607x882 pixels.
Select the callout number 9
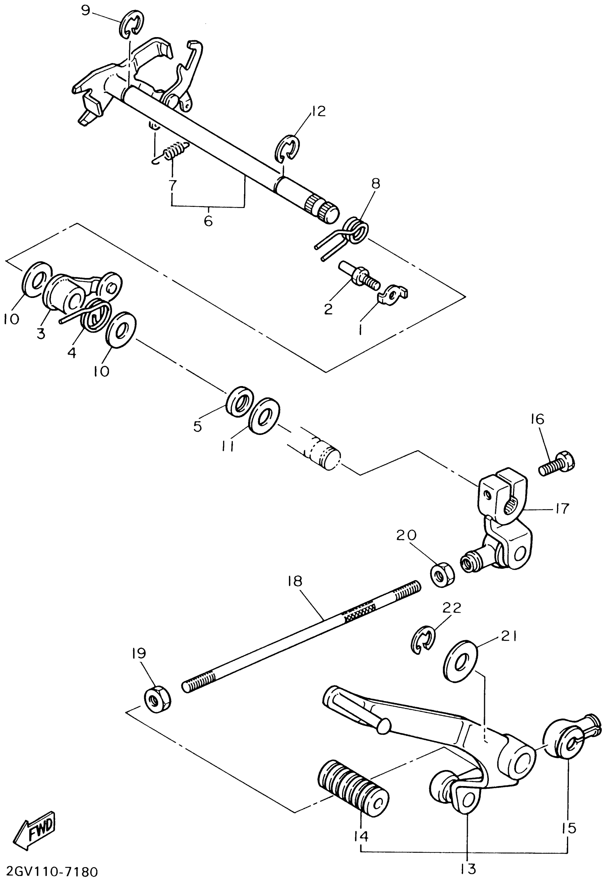click(86, 10)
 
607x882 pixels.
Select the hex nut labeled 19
click(157, 700)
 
